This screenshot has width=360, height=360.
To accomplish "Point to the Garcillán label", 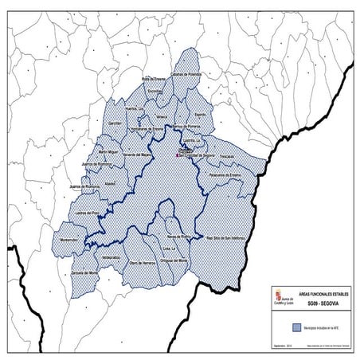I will point(115,124).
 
